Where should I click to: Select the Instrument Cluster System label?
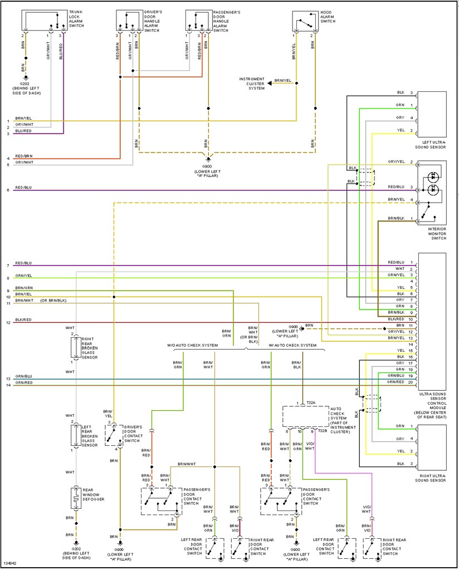pyautogui.click(x=252, y=83)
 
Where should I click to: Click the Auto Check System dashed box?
pyautogui.click(x=306, y=416)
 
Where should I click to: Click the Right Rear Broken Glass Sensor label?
pyautogui.click(x=90, y=348)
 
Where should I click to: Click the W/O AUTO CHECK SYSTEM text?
pyautogui.click(x=192, y=345)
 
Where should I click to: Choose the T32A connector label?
pyautogui.click(x=310, y=403)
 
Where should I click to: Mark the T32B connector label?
pyautogui.click(x=323, y=430)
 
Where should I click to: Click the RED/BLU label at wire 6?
pyautogui.click(x=23, y=188)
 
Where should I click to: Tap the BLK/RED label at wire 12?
pyautogui.click(x=23, y=321)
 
